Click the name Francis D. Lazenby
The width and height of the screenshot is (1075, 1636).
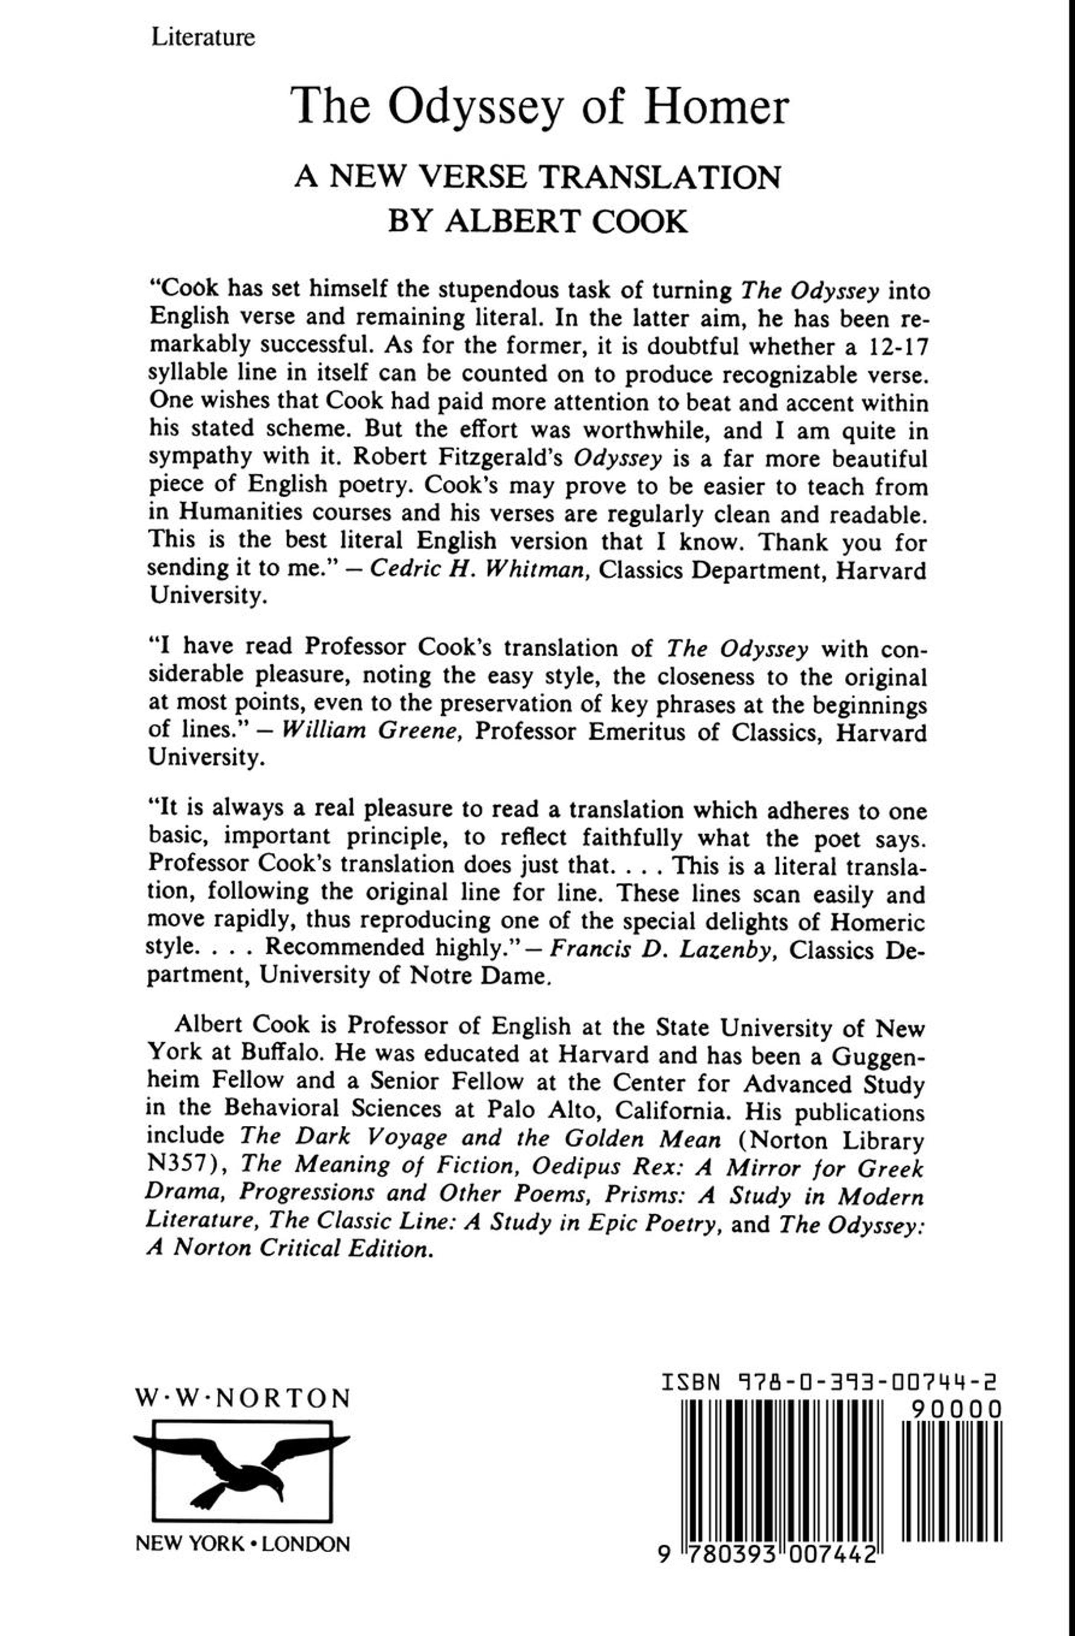click(659, 951)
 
